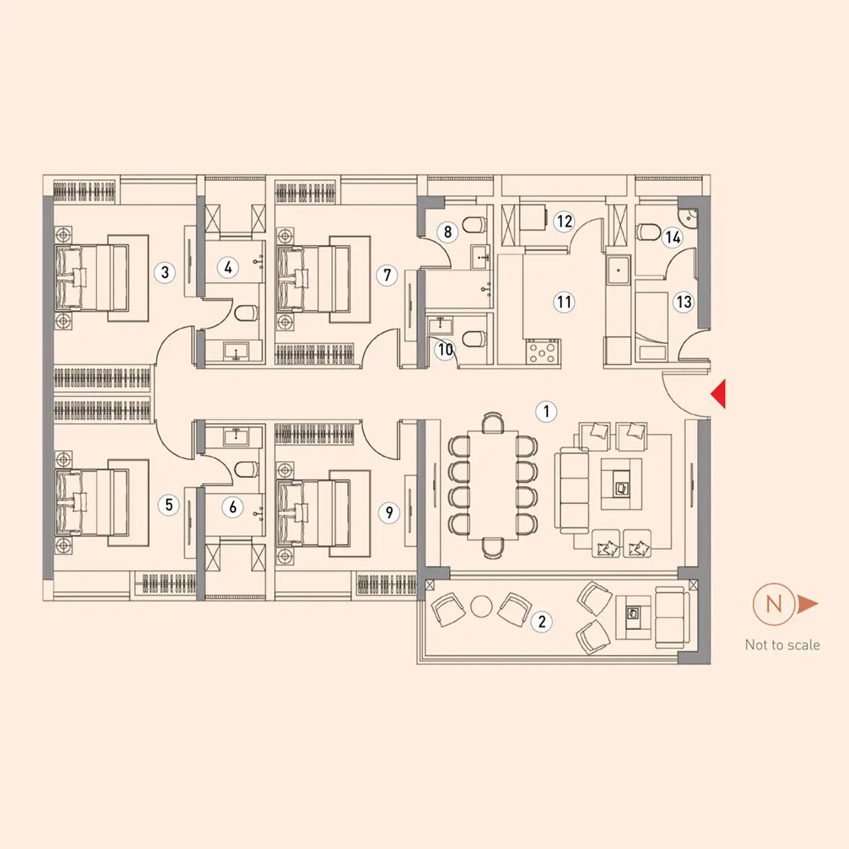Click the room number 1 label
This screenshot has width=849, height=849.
point(546,411)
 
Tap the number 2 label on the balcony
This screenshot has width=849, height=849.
point(541,621)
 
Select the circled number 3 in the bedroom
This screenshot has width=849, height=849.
point(164,273)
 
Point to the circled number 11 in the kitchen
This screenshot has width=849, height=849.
point(564,302)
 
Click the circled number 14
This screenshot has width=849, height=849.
point(673,237)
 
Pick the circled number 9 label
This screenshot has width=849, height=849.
point(389,513)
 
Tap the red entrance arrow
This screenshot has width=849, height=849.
point(718,394)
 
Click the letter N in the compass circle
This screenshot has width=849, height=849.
point(773,604)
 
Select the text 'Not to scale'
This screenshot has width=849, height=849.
point(783,645)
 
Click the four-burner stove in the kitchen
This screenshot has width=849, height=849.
point(543,352)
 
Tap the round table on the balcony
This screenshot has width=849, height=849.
point(481,606)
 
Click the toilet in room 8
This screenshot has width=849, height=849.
point(474,225)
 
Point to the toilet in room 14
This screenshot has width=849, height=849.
point(648,231)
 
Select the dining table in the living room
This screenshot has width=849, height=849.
point(493,485)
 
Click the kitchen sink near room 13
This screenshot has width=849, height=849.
point(619,270)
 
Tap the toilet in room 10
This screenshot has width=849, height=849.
point(474,339)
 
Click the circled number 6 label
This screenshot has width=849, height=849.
point(233,507)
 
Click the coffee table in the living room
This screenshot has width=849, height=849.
point(621,484)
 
